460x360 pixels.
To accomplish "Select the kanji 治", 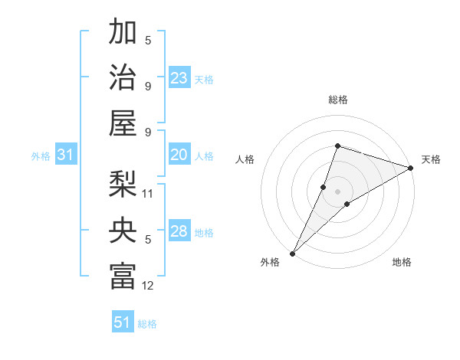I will [123, 77].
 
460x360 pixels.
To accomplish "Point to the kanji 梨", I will [123, 184].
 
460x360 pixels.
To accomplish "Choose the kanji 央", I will [123, 229].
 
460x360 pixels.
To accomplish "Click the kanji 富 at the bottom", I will [123, 275].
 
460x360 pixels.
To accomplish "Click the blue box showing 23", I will [179, 78].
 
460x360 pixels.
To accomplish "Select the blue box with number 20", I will [179, 155].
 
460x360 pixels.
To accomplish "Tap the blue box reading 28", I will [179, 231].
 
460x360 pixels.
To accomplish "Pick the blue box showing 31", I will [66, 155].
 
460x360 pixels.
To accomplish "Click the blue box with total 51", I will [123, 322].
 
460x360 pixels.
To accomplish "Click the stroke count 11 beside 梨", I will [149, 193].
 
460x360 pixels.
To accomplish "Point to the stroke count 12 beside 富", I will [149, 286].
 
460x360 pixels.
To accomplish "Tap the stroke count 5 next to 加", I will [148, 40].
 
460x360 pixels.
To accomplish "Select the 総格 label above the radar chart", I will [337, 100].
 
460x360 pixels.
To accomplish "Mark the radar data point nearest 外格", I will [292, 254].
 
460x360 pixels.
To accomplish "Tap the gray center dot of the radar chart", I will [337, 191].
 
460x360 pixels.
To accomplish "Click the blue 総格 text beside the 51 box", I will [147, 324].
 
